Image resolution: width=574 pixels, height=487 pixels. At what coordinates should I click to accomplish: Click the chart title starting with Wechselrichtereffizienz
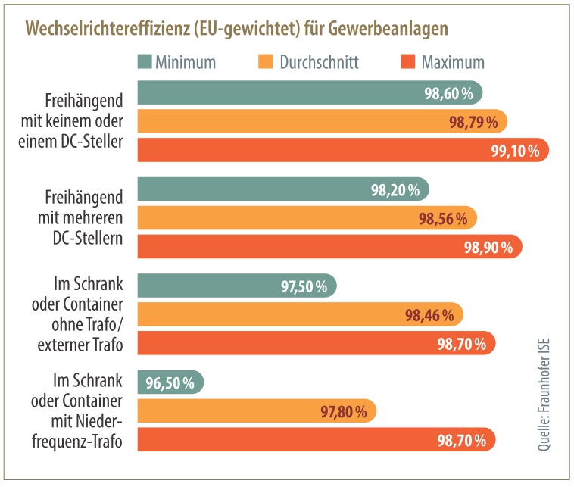237,28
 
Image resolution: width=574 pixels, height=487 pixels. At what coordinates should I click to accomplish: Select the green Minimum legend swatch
145,61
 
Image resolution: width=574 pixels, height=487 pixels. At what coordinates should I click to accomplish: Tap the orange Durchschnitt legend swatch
266,61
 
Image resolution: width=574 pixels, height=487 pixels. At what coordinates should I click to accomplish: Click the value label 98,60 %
449,93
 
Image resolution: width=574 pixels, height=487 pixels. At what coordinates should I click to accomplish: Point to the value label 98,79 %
473,122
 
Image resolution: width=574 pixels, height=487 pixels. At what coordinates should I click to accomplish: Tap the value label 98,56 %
443,218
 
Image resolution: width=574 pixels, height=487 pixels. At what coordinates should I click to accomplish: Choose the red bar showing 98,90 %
329,247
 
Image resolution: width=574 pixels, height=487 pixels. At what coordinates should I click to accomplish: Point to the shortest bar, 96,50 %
170,382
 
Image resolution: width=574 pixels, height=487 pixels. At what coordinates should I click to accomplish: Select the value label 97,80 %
343,412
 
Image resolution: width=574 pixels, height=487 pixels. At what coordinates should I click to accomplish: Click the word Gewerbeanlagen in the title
394,28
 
